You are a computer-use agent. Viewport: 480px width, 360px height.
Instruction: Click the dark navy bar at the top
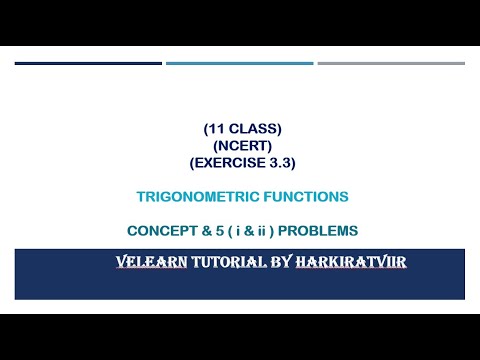[88, 63]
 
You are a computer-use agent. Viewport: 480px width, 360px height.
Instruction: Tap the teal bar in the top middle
[240, 63]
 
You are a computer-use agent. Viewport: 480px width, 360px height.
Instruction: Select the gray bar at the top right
[391, 63]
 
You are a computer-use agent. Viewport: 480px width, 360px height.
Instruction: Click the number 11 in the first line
[213, 130]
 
